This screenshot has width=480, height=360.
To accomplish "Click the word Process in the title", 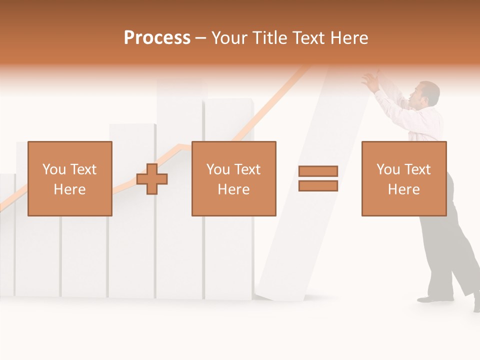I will tap(157, 38).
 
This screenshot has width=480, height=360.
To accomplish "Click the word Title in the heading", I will tap(270, 38).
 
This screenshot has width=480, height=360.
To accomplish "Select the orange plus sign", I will tap(152, 179).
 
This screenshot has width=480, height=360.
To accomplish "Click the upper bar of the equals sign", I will tap(318, 171).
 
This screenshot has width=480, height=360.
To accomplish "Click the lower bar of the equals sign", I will tap(318, 186).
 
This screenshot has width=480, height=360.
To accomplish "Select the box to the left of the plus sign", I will tap(70, 178).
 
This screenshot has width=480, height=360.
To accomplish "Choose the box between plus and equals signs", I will tap(234, 178).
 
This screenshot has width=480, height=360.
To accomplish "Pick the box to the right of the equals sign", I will tap(404, 178).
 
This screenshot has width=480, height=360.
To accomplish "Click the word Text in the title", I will tap(309, 38).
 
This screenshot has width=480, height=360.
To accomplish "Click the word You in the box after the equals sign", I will tap(388, 169).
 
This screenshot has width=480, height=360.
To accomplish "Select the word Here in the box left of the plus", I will tap(70, 189).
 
